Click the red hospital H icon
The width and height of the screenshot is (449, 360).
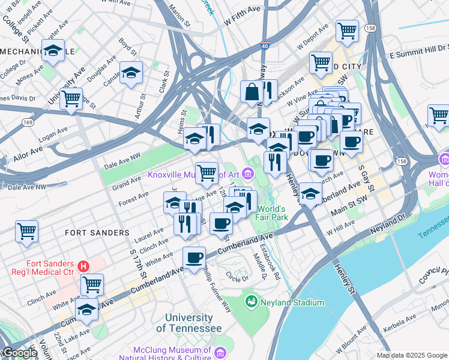(83, 265)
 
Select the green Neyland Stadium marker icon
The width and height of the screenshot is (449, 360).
(252, 300)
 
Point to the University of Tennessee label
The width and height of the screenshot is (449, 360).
(189, 323)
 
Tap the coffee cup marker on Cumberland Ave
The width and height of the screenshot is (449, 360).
(194, 258)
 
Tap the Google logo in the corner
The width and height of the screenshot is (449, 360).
(20, 353)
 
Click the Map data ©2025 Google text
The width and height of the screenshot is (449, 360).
(411, 355)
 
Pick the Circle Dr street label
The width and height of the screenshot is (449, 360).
(237, 278)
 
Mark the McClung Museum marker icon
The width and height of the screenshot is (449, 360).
(220, 350)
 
